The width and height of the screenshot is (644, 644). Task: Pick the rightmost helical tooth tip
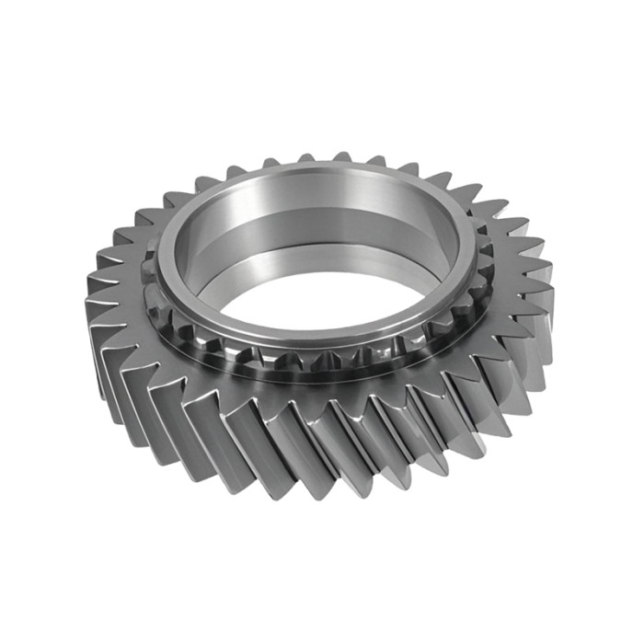point(552,276)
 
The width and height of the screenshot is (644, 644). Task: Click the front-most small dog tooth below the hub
point(304,354)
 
